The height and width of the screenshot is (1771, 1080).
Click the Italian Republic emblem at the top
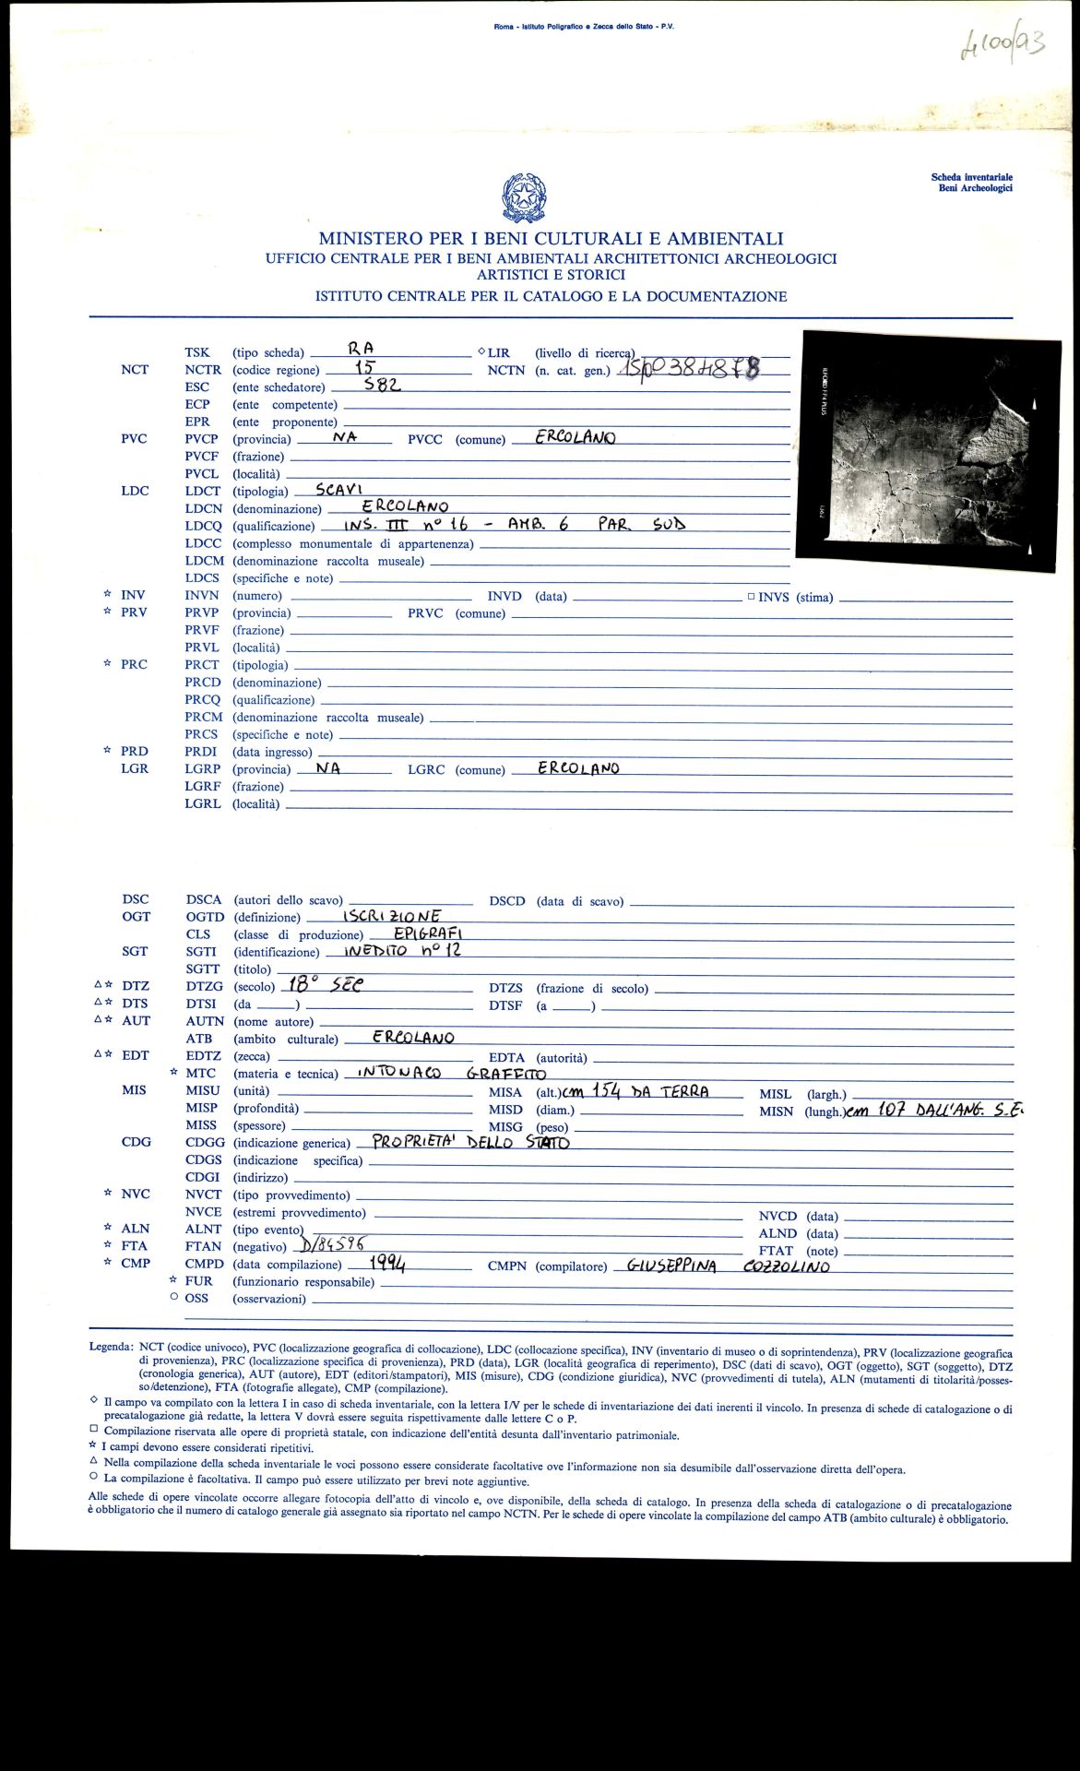pyautogui.click(x=524, y=196)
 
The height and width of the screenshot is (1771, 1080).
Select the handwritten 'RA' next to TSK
pyautogui.click(x=361, y=349)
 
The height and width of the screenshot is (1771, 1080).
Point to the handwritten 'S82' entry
pyautogui.click(x=382, y=385)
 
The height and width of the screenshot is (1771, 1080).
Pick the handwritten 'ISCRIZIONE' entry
pyautogui.click(x=391, y=916)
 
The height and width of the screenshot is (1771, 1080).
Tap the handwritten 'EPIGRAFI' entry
pyautogui.click(x=420, y=933)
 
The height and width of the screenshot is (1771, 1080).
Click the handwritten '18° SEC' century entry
pyautogui.click(x=326, y=984)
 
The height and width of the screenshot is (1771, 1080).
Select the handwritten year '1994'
pyautogui.click(x=387, y=1263)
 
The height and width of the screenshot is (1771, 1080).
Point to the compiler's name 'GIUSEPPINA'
pyautogui.click(x=671, y=1266)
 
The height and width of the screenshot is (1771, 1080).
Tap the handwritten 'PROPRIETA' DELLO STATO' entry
pyautogui.click(x=470, y=1142)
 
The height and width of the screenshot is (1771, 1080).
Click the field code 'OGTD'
pyautogui.click(x=205, y=917)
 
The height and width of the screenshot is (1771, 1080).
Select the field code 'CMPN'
pyautogui.click(x=506, y=1266)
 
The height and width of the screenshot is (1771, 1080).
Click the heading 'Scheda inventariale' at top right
pyautogui.click(x=971, y=177)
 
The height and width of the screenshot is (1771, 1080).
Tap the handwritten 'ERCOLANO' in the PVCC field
pyautogui.click(x=575, y=437)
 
